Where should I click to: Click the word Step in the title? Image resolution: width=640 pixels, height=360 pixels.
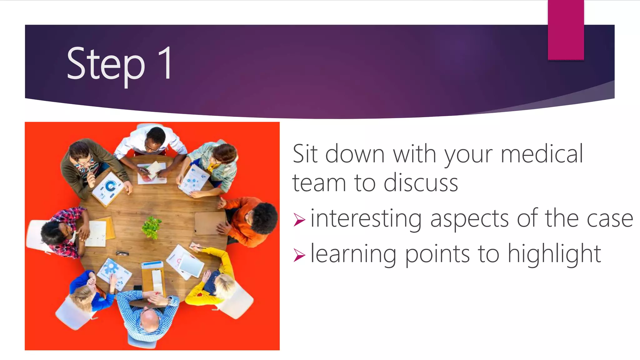click(106, 64)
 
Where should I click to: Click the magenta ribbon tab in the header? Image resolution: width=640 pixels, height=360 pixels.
click(566, 30)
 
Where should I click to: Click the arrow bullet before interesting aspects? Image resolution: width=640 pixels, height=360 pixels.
click(299, 220)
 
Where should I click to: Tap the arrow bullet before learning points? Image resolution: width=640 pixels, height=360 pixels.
click(299, 255)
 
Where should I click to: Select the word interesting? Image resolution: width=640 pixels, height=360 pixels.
click(366, 219)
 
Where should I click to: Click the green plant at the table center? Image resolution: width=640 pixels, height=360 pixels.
click(152, 227)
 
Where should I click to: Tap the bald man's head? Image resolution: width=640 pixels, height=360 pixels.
click(149, 320)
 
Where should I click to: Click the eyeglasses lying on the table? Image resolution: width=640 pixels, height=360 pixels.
click(122, 253)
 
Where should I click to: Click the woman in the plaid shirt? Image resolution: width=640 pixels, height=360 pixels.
click(62, 231)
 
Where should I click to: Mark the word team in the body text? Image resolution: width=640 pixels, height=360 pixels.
click(319, 183)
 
